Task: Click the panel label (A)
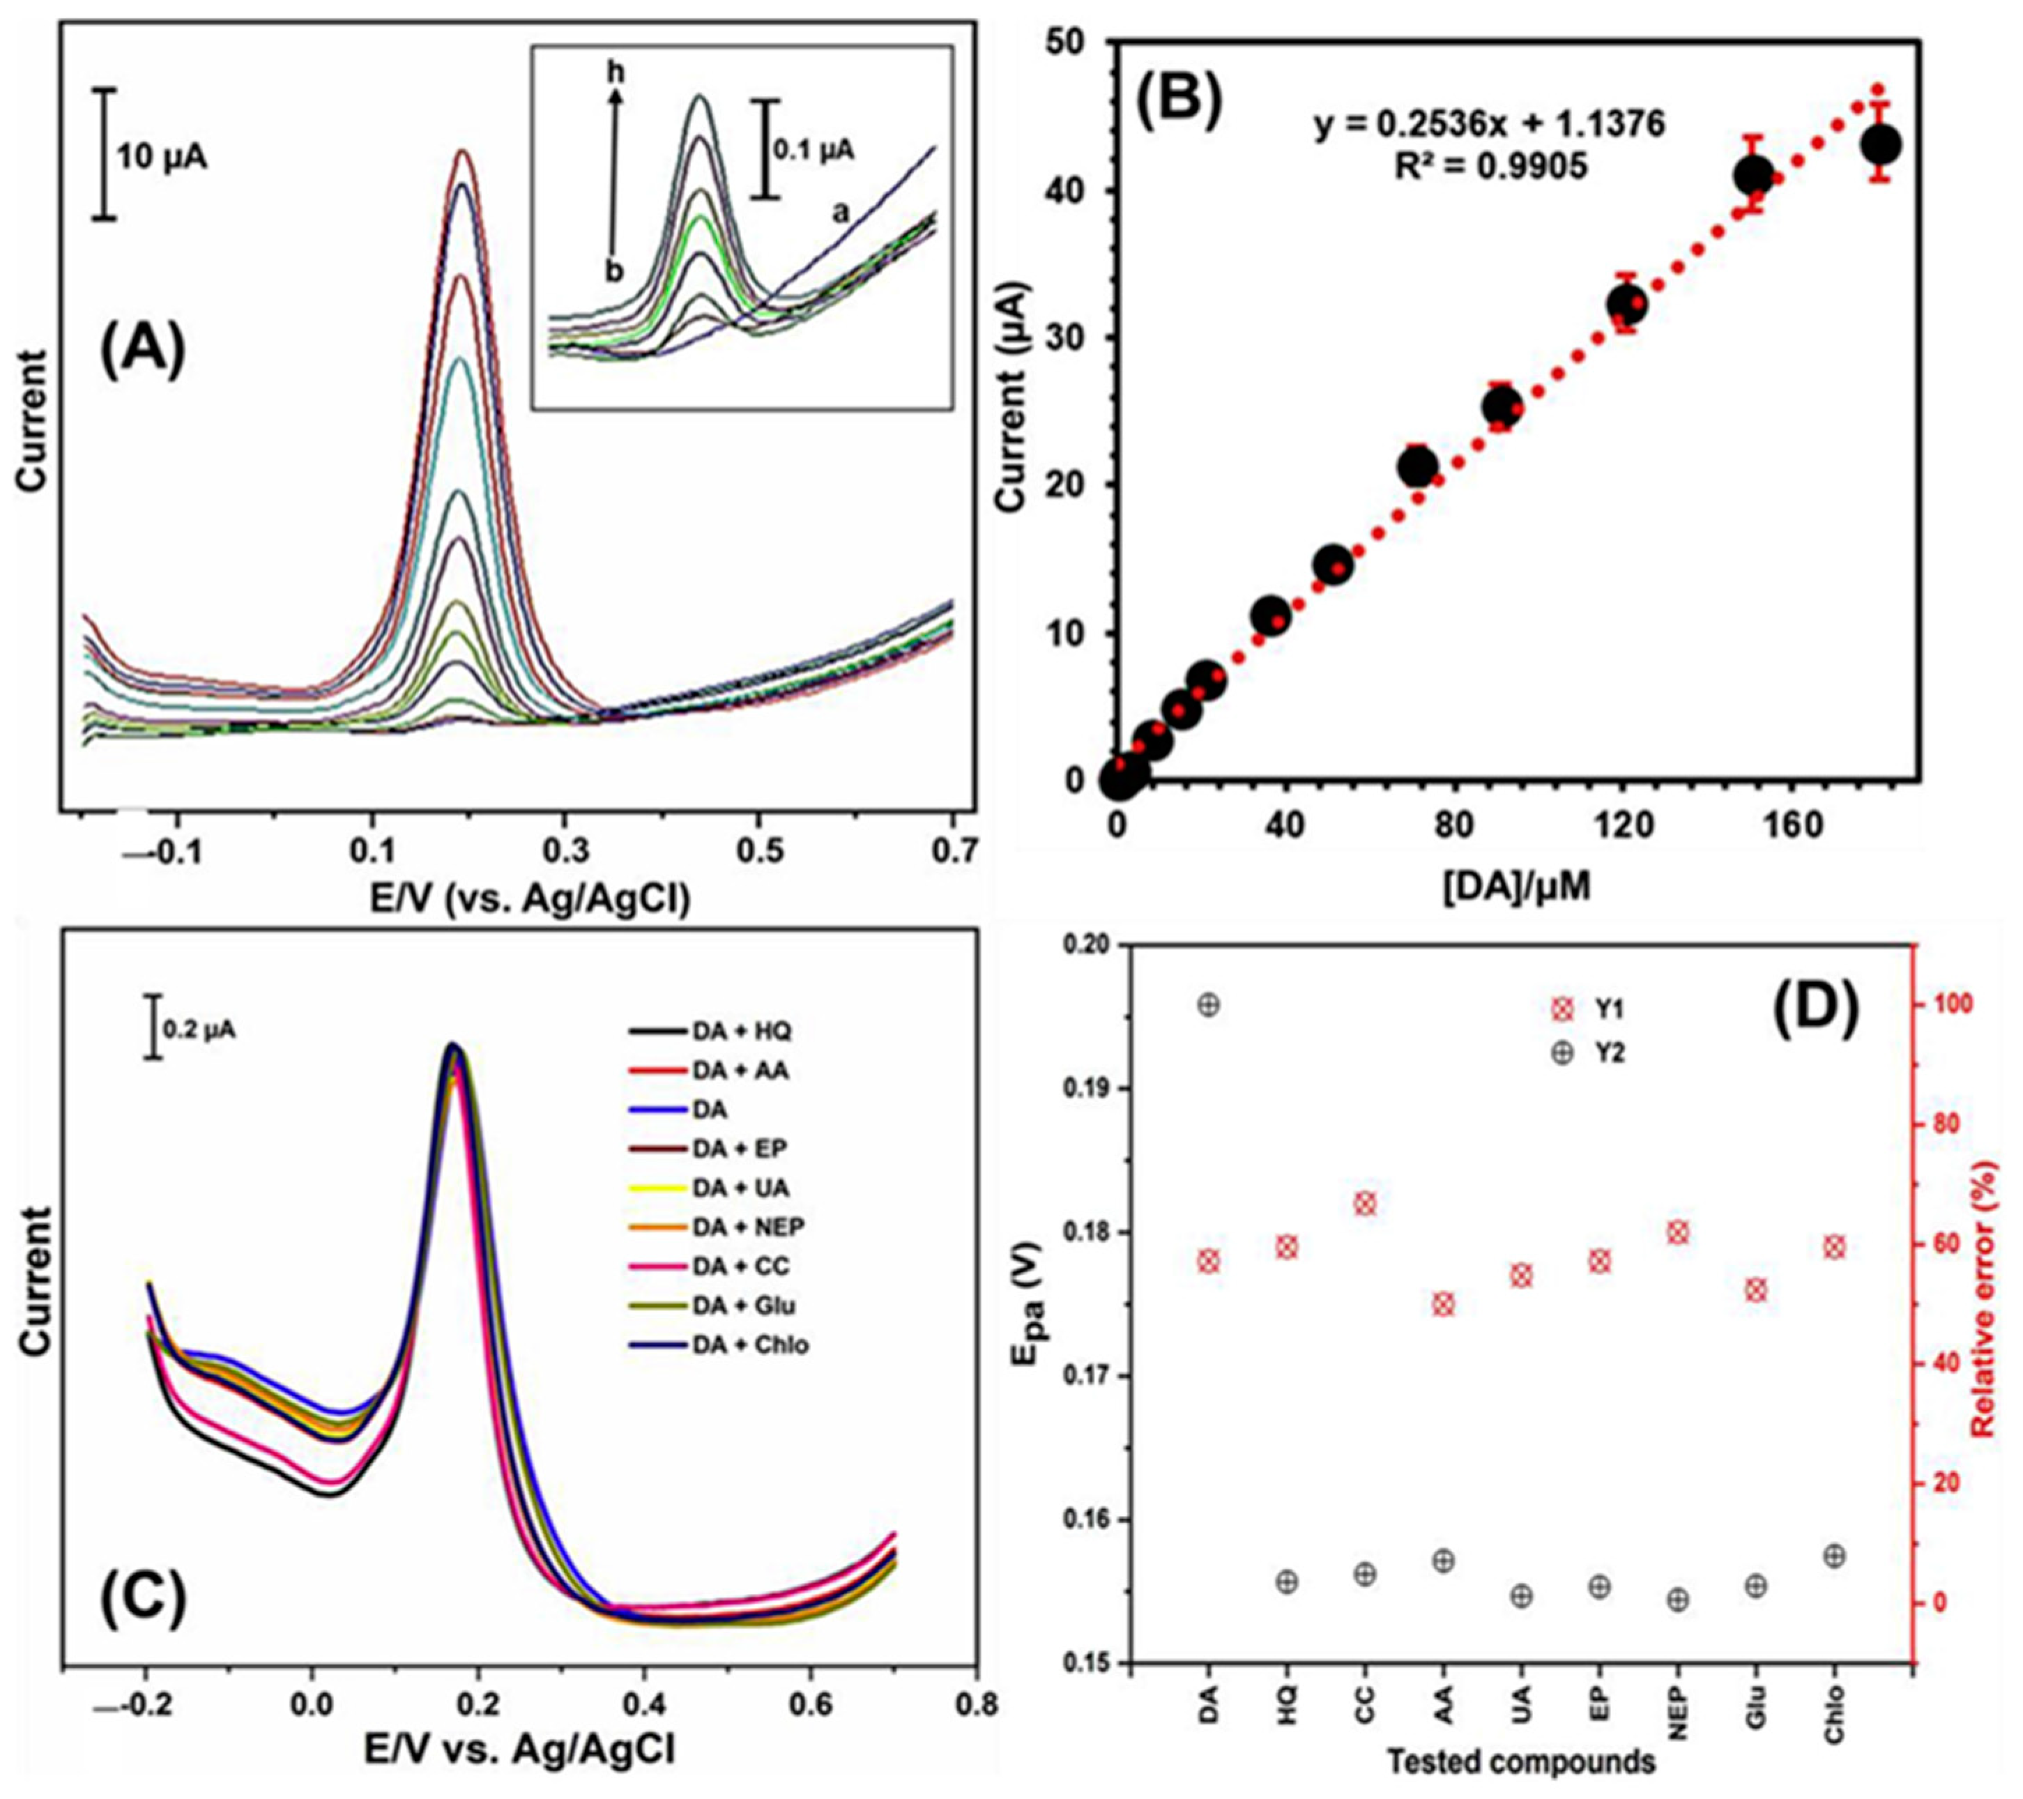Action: pos(142,353)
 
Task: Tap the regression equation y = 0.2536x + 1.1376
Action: pos(1490,125)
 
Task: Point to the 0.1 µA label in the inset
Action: pos(814,151)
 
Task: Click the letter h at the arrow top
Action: pos(617,73)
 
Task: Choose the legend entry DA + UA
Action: pos(740,1188)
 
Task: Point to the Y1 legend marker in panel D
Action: pos(1562,1011)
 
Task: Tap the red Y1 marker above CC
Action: pos(1365,1204)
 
